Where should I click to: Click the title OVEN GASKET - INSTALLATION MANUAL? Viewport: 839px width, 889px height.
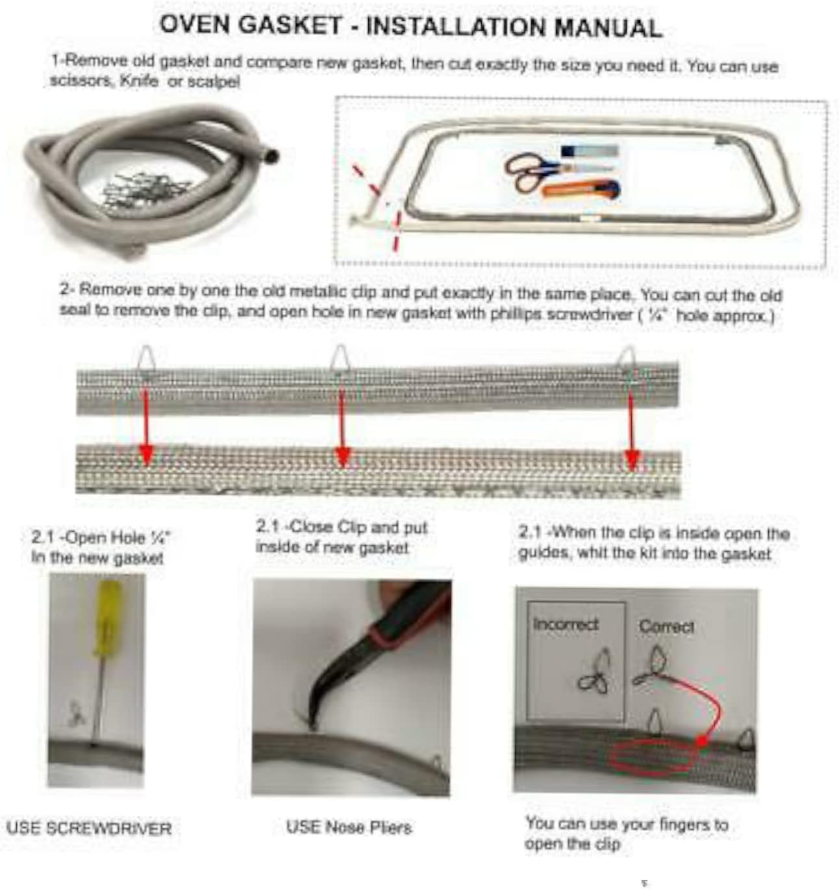(411, 26)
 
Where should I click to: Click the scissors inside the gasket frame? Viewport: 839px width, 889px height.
(529, 170)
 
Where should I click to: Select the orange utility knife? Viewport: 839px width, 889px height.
(581, 190)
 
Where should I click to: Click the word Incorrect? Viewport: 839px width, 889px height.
(565, 625)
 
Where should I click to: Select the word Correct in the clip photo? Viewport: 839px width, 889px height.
(666, 626)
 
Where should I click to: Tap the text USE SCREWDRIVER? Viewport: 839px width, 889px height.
(89, 829)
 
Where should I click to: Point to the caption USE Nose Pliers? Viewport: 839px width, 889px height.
(349, 827)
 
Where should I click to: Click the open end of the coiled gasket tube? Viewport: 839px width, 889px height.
(271, 157)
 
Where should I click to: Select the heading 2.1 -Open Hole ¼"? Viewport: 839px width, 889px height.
(101, 538)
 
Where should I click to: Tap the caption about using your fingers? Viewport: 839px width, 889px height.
(626, 834)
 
